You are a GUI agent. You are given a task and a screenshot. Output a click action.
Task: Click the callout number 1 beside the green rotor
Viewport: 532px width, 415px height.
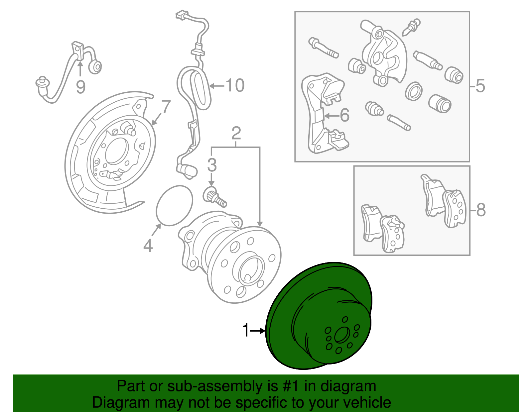245,331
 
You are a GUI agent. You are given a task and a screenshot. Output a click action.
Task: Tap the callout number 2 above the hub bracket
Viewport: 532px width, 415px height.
236,134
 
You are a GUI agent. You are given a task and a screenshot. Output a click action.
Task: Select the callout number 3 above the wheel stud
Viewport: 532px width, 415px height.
212,165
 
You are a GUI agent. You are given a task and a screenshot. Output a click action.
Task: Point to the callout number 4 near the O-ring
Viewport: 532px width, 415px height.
148,246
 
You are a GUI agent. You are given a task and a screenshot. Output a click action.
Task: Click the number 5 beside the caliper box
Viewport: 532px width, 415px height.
480,86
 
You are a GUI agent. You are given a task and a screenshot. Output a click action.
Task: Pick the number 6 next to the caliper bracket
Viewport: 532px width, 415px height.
345,115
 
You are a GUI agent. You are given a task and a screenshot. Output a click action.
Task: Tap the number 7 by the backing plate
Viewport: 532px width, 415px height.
166,107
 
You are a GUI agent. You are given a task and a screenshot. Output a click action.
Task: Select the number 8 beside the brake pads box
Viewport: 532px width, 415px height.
481,210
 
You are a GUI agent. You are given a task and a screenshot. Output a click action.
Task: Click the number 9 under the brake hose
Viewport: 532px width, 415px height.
80,87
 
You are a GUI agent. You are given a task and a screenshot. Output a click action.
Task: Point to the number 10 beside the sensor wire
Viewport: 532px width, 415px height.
235,85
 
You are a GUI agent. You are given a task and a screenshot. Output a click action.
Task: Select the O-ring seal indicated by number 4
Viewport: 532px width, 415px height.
175,206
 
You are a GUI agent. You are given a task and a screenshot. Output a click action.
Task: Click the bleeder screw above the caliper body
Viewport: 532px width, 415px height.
412,27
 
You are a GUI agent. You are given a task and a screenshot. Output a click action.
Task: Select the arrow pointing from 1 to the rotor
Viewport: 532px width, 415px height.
258,331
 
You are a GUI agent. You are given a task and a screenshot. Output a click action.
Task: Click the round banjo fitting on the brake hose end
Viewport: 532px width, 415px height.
96,67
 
